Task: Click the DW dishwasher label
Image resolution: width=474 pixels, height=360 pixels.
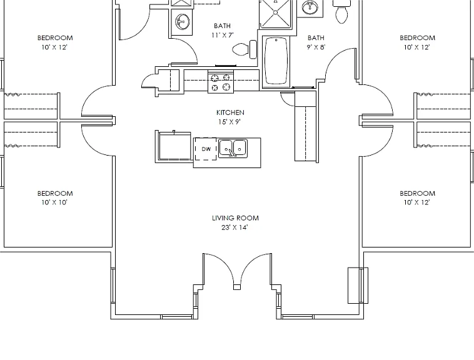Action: pos(206,149)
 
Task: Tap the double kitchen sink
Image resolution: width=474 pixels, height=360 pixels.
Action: pos(233,148)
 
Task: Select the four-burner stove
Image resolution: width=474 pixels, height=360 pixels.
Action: pos(221,82)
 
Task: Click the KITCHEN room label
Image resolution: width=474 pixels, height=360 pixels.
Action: pos(230,112)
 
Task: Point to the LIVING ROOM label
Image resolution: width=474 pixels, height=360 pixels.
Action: pos(235,218)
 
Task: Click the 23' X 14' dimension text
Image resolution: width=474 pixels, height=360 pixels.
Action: pos(234,227)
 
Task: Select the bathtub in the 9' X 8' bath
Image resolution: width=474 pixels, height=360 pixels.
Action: pos(276,61)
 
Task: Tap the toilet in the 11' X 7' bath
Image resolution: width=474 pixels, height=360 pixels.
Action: pos(245,49)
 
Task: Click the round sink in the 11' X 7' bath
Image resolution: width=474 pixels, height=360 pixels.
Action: pos(183,22)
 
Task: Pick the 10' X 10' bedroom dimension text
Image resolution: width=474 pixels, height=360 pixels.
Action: pos(54,202)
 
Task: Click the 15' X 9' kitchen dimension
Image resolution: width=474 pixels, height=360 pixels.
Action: pos(229,122)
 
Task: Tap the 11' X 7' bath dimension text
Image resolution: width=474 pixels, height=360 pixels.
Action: pos(223,35)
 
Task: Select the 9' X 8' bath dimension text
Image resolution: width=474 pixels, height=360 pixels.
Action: pos(316,47)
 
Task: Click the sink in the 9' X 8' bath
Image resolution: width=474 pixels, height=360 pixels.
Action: pos(310,7)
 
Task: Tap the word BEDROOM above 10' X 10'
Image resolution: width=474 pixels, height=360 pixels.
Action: pos(55,193)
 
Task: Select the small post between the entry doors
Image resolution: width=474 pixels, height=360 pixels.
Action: pos(237,287)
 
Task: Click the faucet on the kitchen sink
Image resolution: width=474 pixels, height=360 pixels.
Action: pos(232,153)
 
